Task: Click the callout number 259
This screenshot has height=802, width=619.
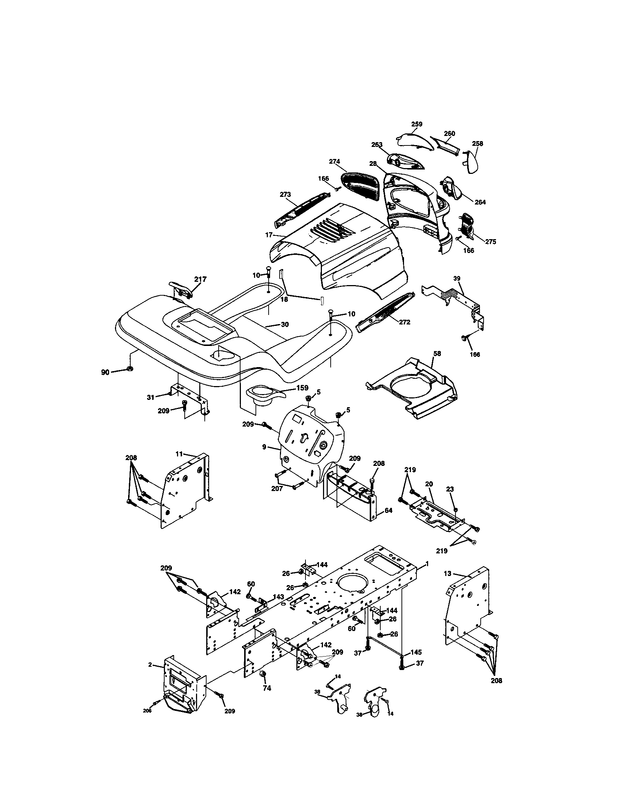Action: (417, 124)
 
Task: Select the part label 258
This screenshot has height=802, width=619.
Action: (477, 144)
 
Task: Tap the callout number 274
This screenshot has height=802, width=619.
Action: (334, 161)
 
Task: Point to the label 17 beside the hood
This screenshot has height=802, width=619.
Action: (269, 234)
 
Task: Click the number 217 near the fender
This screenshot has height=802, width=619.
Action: (200, 279)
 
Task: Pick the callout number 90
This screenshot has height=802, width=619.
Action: (105, 372)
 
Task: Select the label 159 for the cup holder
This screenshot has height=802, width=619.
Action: (302, 388)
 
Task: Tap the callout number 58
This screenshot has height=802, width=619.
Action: (437, 354)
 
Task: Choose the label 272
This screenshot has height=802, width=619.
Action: (404, 322)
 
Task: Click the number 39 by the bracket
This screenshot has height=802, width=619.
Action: (457, 279)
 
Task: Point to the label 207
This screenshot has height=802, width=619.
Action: (277, 488)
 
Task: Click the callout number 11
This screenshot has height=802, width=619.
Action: (179, 454)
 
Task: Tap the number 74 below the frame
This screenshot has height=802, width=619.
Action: (267, 689)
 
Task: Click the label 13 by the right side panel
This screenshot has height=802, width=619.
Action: (447, 573)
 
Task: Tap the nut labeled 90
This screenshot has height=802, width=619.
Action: (130, 368)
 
